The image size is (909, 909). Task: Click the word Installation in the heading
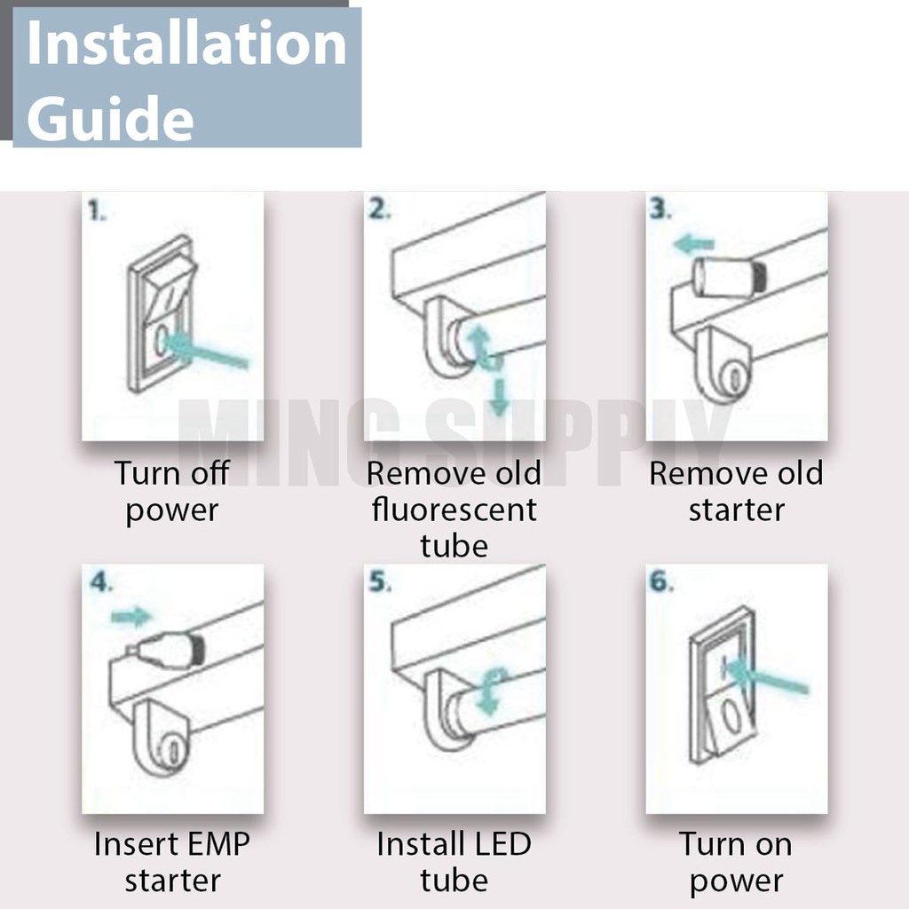186,43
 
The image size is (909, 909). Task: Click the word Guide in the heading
110,117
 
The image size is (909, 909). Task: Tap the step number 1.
97,210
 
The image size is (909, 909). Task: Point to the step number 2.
380,209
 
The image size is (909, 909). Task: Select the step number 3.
660,209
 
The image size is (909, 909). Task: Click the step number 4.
101,581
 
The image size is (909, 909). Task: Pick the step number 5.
380,581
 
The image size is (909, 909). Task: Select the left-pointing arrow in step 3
694,244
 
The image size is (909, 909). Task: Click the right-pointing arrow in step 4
132,617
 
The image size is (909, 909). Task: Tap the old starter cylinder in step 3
731,278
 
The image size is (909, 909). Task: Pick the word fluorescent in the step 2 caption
454,510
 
